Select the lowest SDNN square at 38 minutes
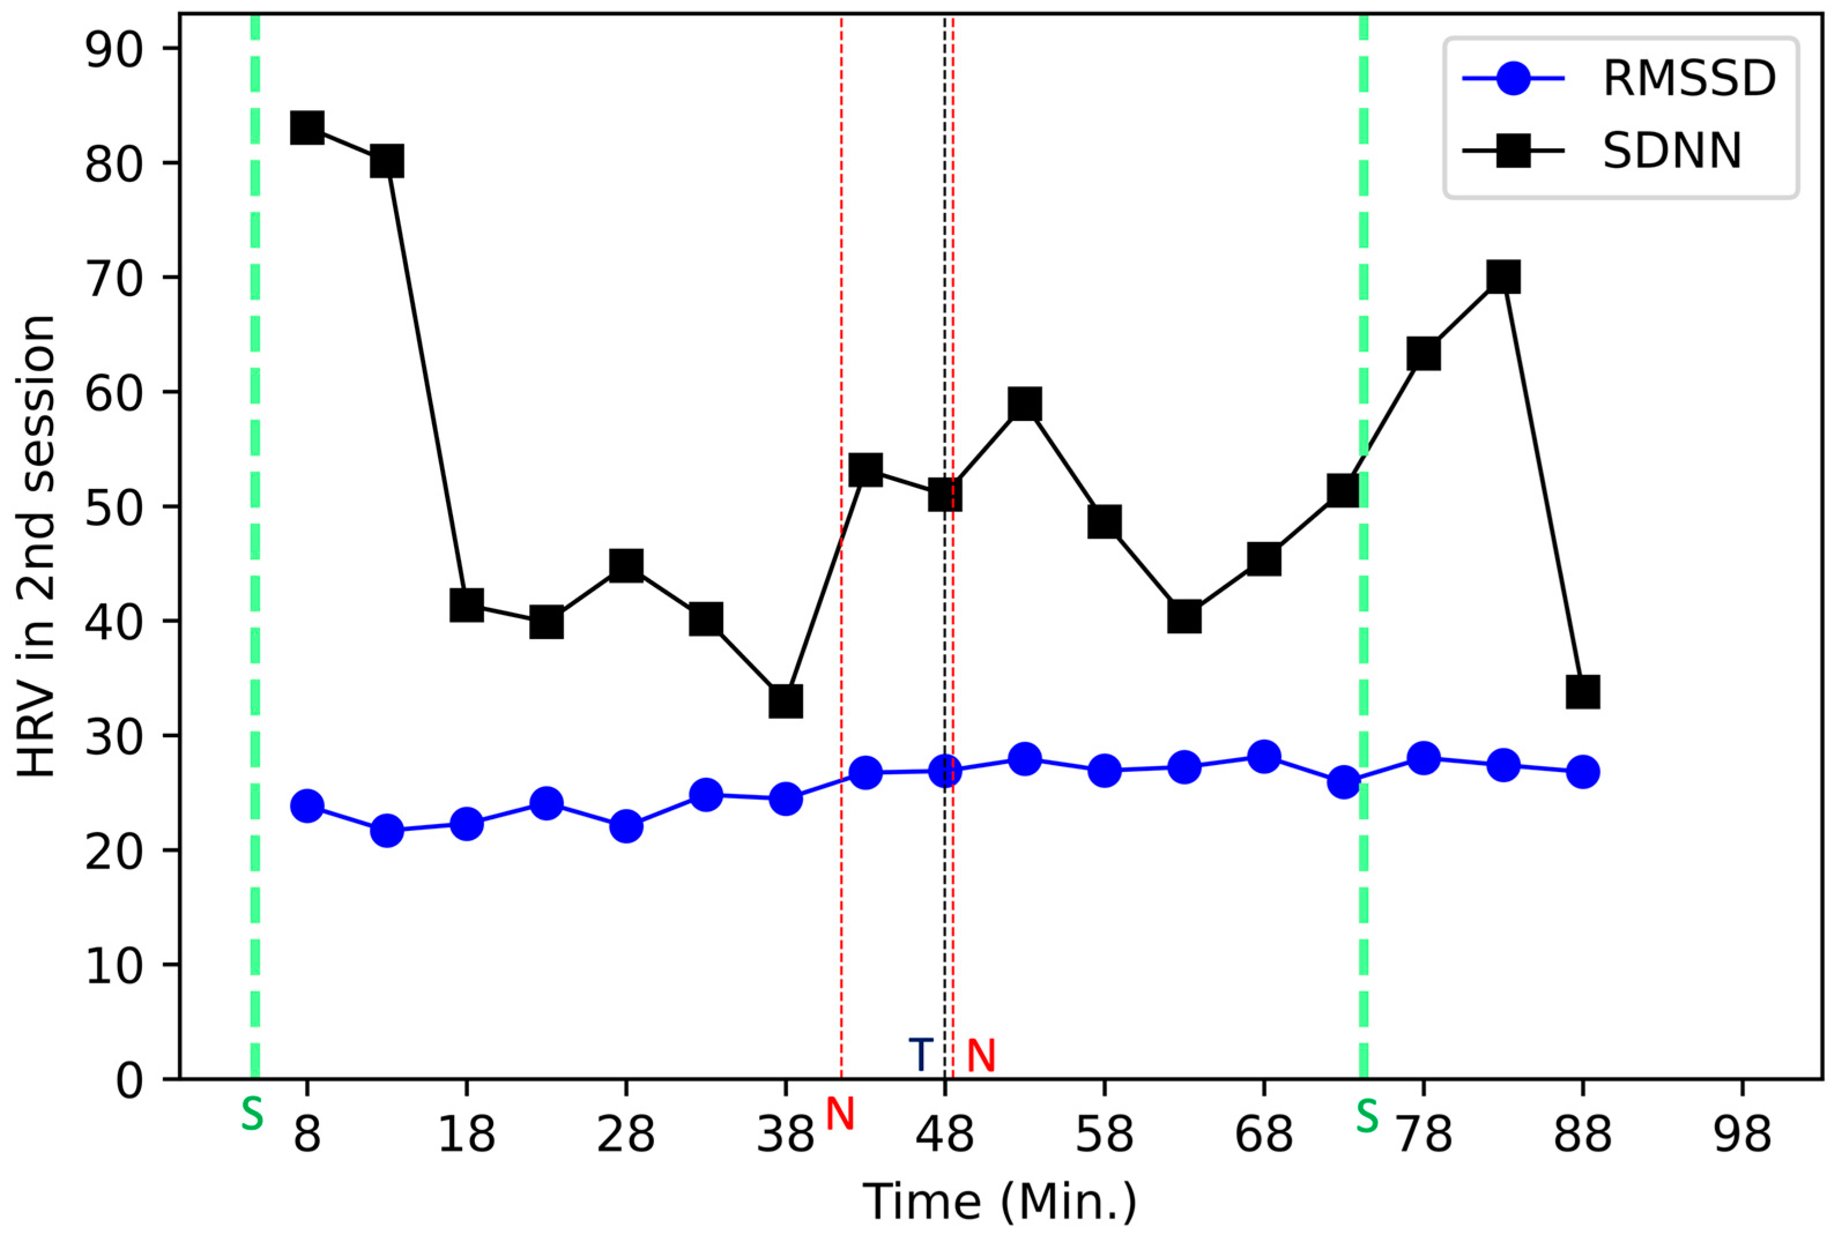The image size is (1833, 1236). [x=786, y=701]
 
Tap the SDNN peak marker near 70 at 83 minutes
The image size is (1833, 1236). [x=1503, y=278]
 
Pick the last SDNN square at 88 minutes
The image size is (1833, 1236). [x=1583, y=693]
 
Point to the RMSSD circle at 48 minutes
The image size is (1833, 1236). [x=945, y=771]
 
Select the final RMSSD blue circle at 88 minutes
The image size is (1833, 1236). [x=1583, y=772]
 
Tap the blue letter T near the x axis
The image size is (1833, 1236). [x=920, y=1055]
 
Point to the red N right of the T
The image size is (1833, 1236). [x=981, y=1055]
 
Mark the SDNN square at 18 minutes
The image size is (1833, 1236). [x=467, y=606]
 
